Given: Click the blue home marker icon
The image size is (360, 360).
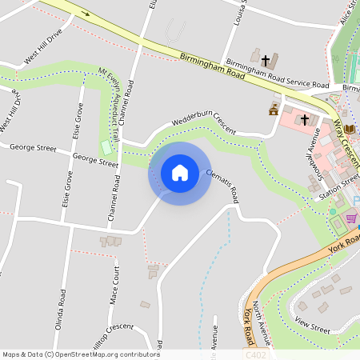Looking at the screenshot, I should pyautogui.click(x=180, y=172).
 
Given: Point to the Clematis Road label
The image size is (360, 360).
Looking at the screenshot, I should pyautogui.click(x=222, y=185).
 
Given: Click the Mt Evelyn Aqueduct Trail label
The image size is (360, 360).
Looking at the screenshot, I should pyautogui.click(x=113, y=98).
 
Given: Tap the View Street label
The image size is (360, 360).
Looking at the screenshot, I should pyautogui.click(x=312, y=324).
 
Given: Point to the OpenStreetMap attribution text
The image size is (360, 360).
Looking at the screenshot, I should pyautogui.click(x=80, y=354).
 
